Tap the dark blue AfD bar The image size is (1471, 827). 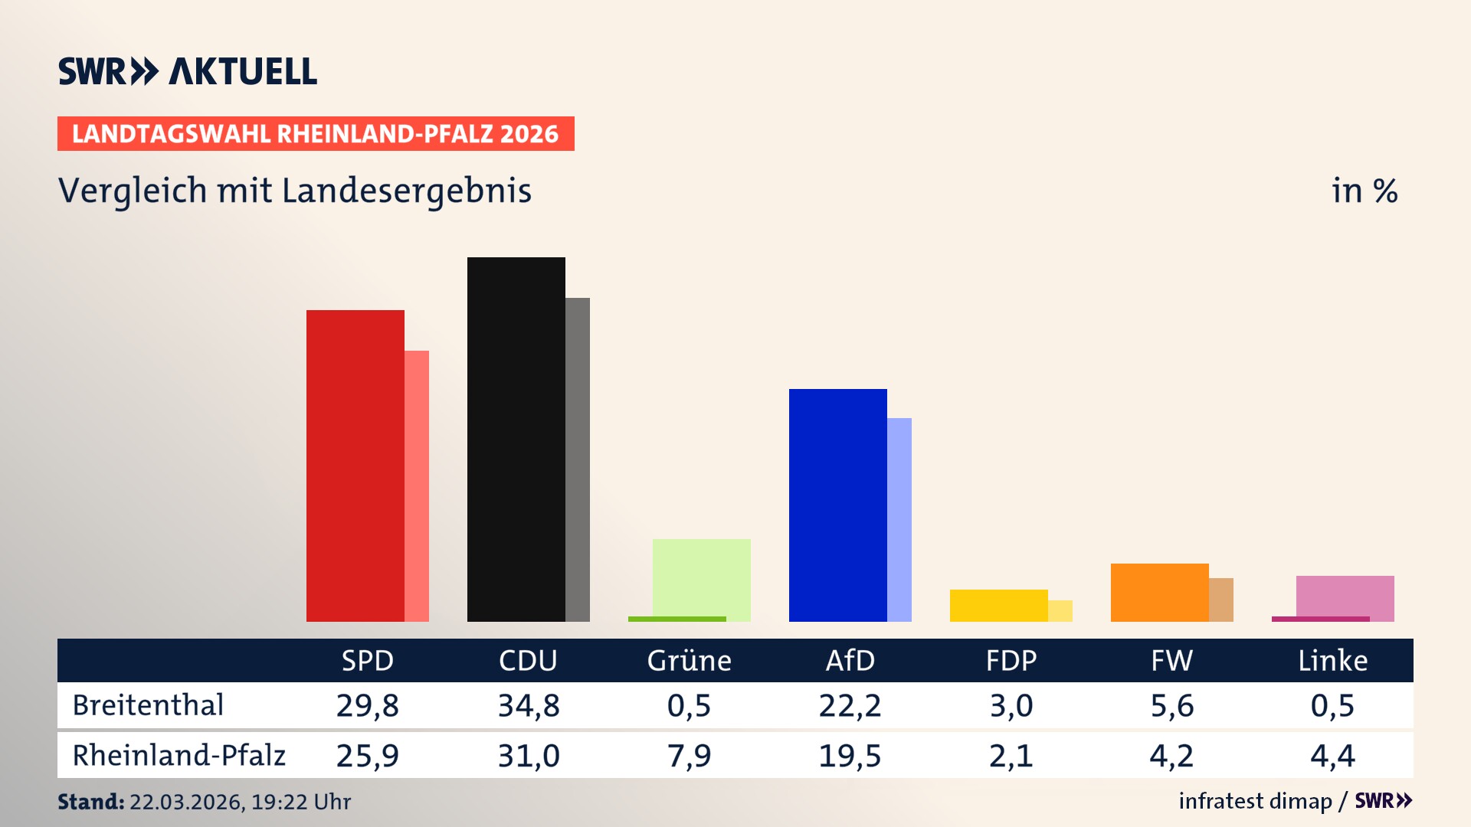[837, 505]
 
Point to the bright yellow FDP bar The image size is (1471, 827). [998, 605]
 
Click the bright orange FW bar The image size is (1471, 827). [1159, 592]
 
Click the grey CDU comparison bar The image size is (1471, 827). [578, 459]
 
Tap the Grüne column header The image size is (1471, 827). [689, 660]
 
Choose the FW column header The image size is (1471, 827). [1171, 660]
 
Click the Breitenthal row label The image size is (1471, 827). [148, 704]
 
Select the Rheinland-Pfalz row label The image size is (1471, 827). [179, 755]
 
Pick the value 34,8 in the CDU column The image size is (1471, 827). [529, 705]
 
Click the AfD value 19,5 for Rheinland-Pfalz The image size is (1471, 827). [850, 756]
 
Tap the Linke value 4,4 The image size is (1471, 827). [1332, 756]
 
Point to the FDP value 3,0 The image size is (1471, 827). [1011, 705]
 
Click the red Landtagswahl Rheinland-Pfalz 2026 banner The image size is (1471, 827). [316, 133]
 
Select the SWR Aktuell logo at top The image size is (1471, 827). [188, 71]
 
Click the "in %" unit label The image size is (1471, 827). [1364, 191]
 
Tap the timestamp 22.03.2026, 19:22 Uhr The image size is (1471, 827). [239, 802]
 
